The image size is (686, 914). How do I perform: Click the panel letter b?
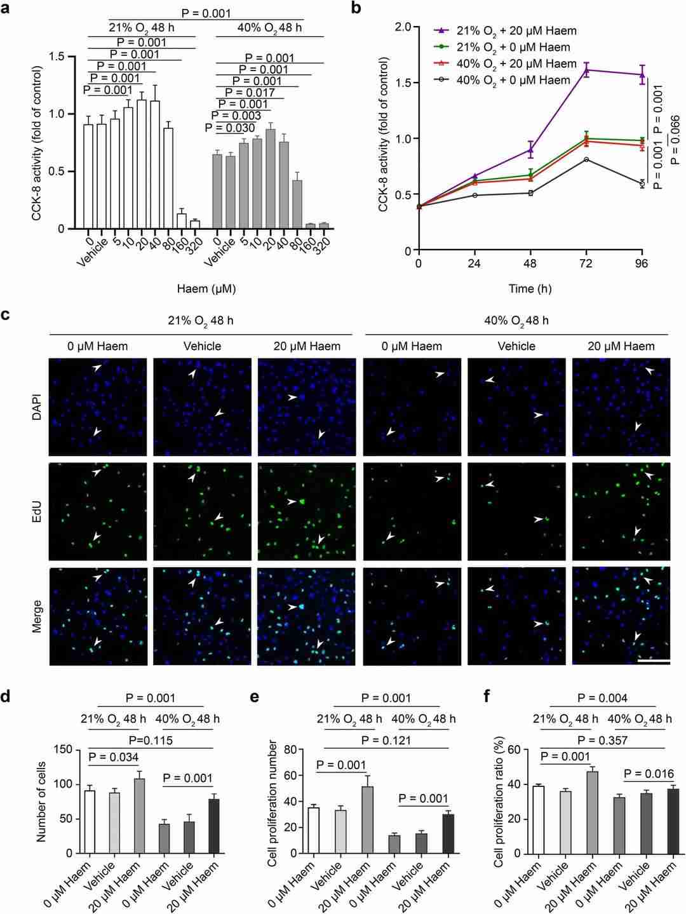pos(356,8)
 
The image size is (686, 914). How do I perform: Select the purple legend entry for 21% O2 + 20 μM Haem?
pos(506,30)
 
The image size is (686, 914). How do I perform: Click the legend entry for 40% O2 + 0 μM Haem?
pos(506,80)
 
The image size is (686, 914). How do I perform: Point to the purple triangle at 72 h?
pos(586,70)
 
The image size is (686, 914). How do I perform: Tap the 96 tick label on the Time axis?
pos(642,264)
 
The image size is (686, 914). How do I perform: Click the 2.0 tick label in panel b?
pos(403,27)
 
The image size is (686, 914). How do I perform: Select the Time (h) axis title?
pos(530,289)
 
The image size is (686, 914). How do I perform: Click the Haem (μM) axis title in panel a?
pos(206,289)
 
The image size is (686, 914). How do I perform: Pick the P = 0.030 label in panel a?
pos(230,128)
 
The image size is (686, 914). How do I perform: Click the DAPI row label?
pos(36,407)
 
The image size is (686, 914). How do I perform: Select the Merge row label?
pos(36,617)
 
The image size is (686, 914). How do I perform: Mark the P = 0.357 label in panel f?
pos(603,740)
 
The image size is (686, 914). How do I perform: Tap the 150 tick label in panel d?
pos(64,749)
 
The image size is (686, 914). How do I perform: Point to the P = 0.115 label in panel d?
pos(151,740)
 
